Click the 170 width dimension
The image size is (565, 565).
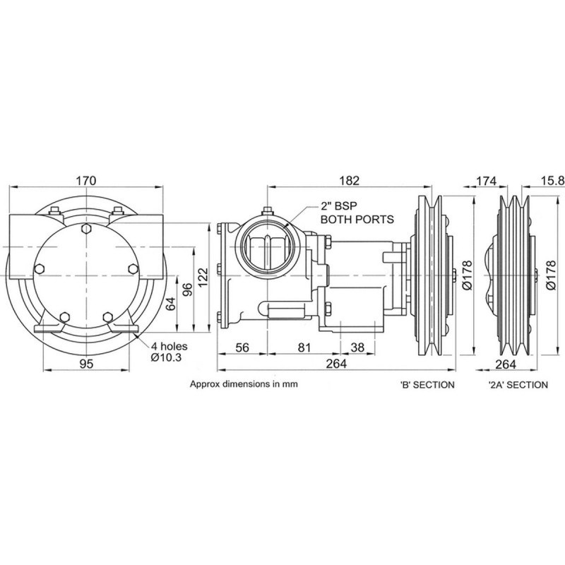coord(86,180)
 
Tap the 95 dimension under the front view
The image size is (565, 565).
coord(86,364)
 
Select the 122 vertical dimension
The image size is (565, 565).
coord(203,277)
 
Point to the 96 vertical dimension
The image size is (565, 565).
coord(187,289)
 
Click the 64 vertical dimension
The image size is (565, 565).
coord(170,303)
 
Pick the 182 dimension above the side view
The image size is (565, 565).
coord(349,180)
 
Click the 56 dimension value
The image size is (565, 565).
coord(242,347)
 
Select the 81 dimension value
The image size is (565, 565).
coord(304,347)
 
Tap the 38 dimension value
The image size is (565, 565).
coord(357,347)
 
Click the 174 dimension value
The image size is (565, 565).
coord(486,181)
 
